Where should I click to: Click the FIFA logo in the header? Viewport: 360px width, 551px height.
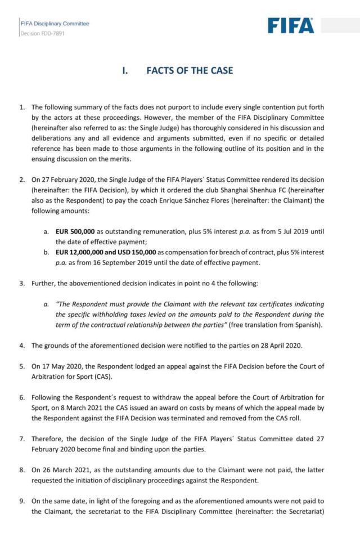[290, 25]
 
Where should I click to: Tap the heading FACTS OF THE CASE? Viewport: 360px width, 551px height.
[190, 71]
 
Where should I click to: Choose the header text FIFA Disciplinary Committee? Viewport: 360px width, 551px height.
[55, 24]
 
